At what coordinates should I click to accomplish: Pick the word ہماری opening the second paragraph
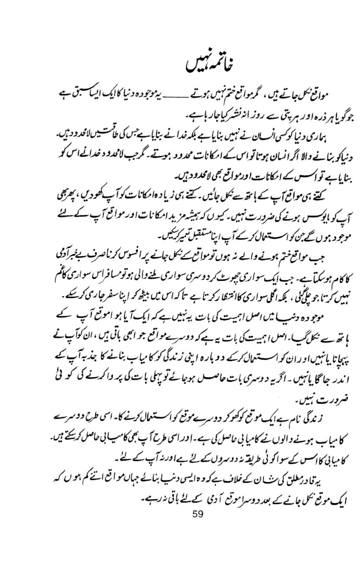click(x=318, y=135)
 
